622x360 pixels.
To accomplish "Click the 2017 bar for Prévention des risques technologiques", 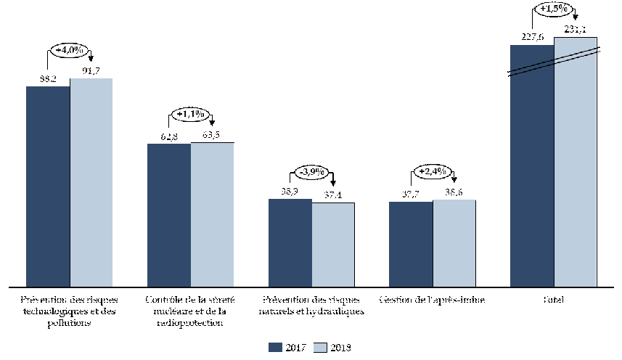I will point(48,186).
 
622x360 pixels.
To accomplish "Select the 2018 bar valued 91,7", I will point(91,181).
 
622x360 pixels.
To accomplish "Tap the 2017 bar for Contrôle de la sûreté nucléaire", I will point(169,214).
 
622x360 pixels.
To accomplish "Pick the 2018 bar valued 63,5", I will point(213,213).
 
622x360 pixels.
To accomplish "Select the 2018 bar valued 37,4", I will point(334,244).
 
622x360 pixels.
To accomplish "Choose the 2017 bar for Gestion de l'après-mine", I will point(411,243).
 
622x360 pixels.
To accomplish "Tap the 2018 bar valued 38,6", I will point(454,242).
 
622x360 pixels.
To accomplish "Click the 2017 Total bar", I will point(532,165).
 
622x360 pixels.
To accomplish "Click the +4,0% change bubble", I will point(70,52).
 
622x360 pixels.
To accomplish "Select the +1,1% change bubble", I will point(191,115).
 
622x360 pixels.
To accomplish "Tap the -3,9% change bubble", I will point(312,172).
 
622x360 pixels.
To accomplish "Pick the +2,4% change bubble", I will point(433,172).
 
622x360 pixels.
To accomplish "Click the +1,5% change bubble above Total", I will point(554,9).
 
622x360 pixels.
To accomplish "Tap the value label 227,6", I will point(532,36).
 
